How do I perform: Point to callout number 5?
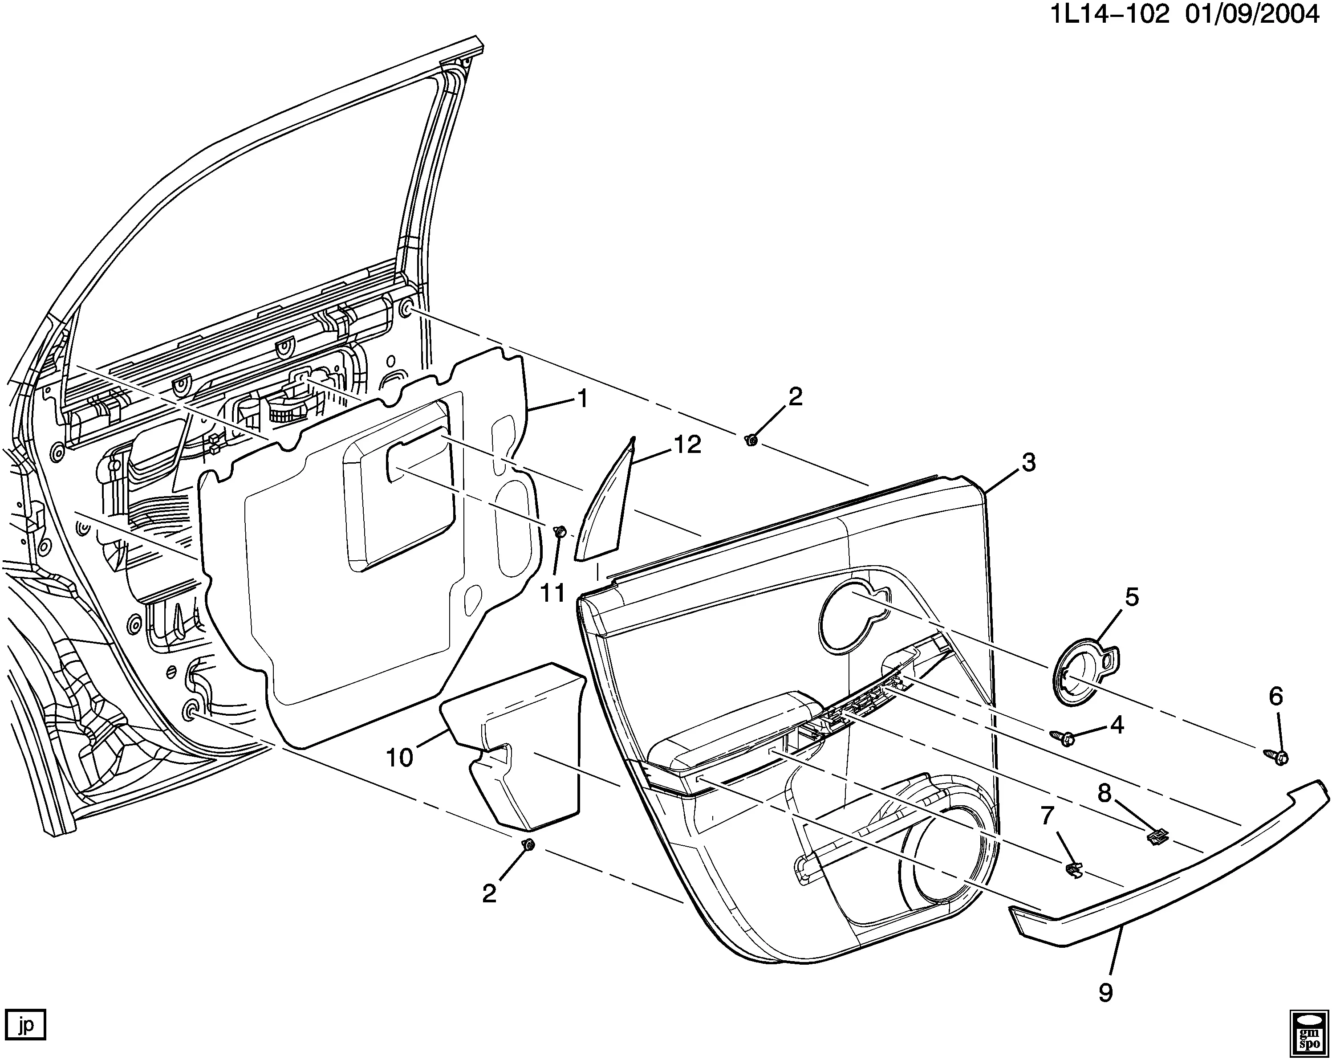1131,598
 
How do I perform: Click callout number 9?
1106,993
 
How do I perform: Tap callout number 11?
553,593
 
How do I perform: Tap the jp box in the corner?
25,1026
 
